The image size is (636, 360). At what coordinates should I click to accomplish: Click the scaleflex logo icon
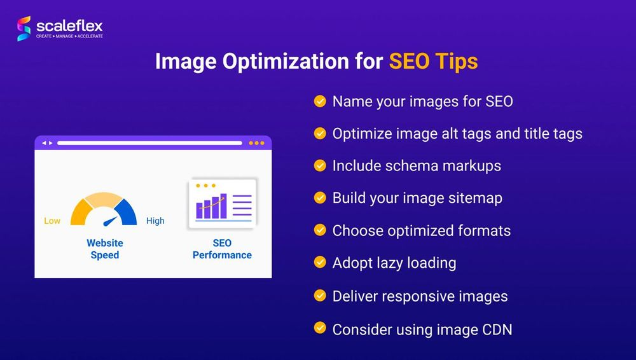pos(24,29)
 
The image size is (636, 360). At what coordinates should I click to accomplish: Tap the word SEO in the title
pos(410,62)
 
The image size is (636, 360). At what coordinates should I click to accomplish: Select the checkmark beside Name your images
pos(320,101)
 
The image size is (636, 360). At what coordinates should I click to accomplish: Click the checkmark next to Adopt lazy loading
pos(320,263)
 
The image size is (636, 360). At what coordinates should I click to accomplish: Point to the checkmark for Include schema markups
pos(320,166)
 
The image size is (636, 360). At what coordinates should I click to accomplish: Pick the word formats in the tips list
pos(483,230)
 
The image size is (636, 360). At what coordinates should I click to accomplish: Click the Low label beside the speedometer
pos(52,221)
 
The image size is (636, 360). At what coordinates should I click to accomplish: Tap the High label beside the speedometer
pos(155,221)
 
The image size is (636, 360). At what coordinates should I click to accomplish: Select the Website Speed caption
pos(105,249)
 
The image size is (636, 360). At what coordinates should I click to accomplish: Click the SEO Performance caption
pos(222,249)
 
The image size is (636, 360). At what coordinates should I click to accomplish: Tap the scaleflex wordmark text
pos(69,25)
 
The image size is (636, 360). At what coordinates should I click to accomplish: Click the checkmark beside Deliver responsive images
pos(320,296)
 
